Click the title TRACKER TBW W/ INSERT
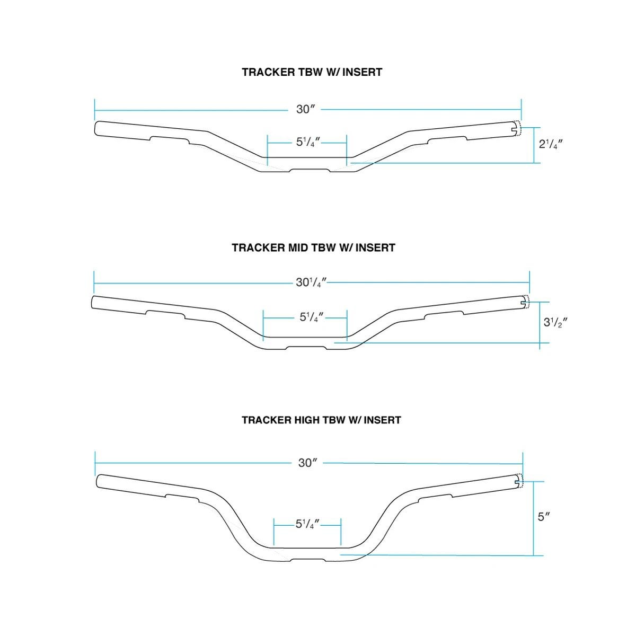tap(312, 72)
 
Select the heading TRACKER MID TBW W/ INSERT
tap(313, 248)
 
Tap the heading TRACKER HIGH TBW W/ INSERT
tap(321, 420)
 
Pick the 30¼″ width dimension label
tap(311, 282)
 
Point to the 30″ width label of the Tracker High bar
tap(307, 463)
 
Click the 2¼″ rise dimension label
tap(551, 144)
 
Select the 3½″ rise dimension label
tap(555, 322)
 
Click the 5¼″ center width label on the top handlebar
tap(308, 142)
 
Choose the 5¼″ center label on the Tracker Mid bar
tap(312, 317)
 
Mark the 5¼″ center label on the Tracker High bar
tap(307, 524)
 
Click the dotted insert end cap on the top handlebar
tap(518, 128)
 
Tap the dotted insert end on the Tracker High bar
tap(520, 482)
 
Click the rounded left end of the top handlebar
tap(95, 128)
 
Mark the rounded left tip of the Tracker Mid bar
tap(92, 302)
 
